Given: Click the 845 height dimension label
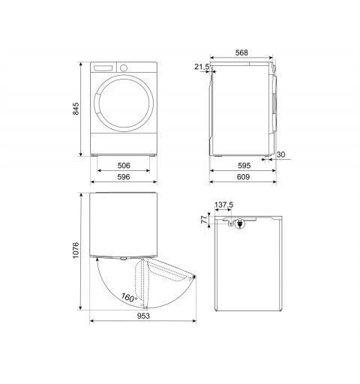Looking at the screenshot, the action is [x=76, y=109].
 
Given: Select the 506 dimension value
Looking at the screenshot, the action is [x=124, y=166].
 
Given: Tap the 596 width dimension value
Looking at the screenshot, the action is [x=124, y=177].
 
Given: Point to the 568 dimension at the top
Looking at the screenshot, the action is [x=241, y=52].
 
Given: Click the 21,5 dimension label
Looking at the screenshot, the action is [x=202, y=67].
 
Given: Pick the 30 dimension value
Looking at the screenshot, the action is [x=280, y=154].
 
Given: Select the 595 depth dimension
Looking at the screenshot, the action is [x=244, y=166].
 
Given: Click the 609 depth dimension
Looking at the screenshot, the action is [x=243, y=177].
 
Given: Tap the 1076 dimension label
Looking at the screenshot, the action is [x=76, y=250].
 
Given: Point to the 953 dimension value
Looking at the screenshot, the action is [x=143, y=316].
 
